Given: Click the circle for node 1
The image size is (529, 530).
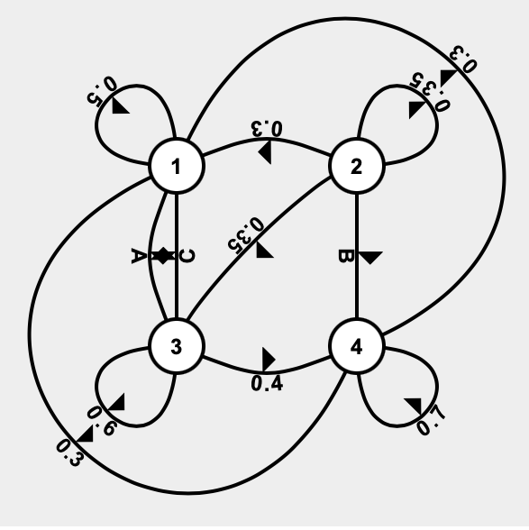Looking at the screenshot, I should coord(177,167).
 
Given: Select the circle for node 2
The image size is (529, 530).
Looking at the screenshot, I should coord(358,167).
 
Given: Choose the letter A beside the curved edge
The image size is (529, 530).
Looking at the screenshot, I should coord(138,256).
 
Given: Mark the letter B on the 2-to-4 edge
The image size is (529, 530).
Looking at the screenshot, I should coord(342,257).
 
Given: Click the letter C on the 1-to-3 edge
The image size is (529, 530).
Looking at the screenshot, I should coord(188,256).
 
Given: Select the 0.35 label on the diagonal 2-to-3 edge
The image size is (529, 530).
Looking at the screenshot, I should coord(242,232).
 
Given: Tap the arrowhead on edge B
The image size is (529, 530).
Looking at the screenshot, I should coord(369,257).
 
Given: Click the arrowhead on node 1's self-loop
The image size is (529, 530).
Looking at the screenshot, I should coord(120,106).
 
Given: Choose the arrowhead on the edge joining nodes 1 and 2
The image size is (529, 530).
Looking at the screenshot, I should coord(266,152).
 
